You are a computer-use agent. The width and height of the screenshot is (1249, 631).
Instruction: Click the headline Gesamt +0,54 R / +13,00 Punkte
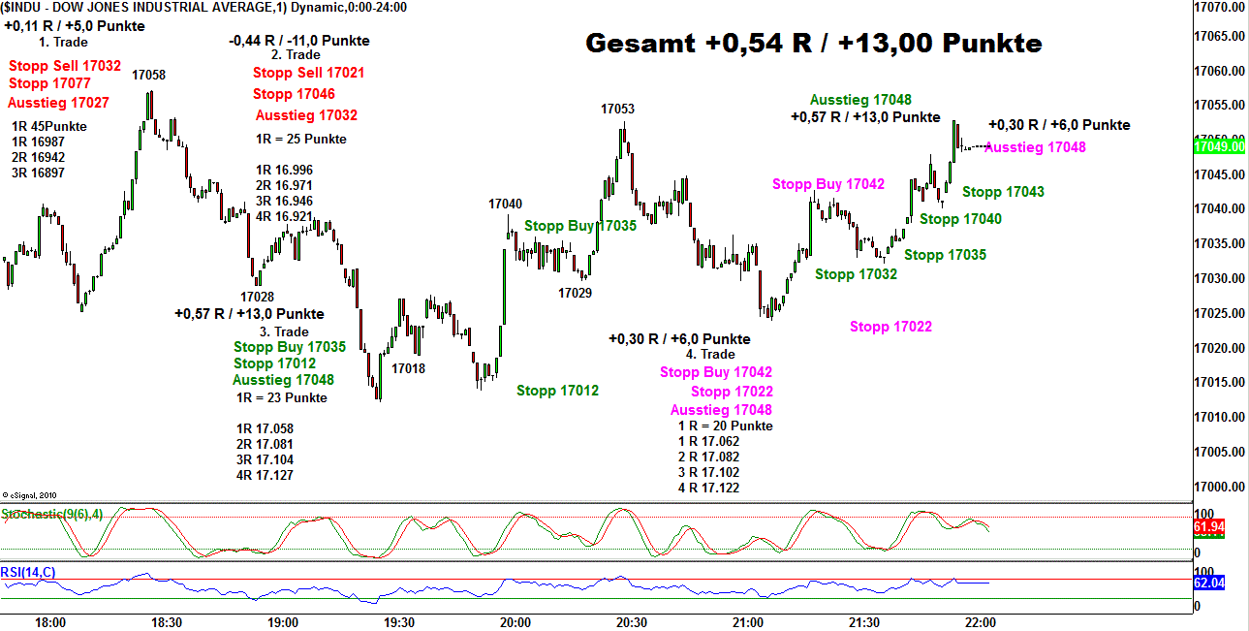(x=814, y=44)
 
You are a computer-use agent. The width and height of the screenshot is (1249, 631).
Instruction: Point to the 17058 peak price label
(x=148, y=75)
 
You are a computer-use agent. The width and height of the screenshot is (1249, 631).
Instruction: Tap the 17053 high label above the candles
(x=617, y=109)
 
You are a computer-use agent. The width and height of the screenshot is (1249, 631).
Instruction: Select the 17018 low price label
(x=408, y=368)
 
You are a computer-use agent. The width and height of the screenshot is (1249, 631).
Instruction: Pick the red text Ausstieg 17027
(x=58, y=103)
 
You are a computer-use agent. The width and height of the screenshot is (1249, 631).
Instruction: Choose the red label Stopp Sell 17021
(x=308, y=73)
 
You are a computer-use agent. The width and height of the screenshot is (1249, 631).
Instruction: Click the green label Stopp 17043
(x=1003, y=192)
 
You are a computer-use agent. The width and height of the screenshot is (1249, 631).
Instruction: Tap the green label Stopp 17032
(x=856, y=274)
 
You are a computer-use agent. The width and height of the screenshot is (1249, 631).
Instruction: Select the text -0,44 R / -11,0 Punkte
(x=298, y=41)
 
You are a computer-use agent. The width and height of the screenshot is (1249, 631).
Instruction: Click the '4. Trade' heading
(x=711, y=355)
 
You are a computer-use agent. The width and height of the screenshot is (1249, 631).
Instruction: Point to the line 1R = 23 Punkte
(x=281, y=397)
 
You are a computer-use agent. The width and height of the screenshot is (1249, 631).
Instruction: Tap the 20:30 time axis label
(x=632, y=622)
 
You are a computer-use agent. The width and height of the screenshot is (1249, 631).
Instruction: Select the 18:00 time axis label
(x=49, y=622)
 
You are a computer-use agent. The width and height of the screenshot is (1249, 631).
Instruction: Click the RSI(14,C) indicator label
(x=29, y=573)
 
